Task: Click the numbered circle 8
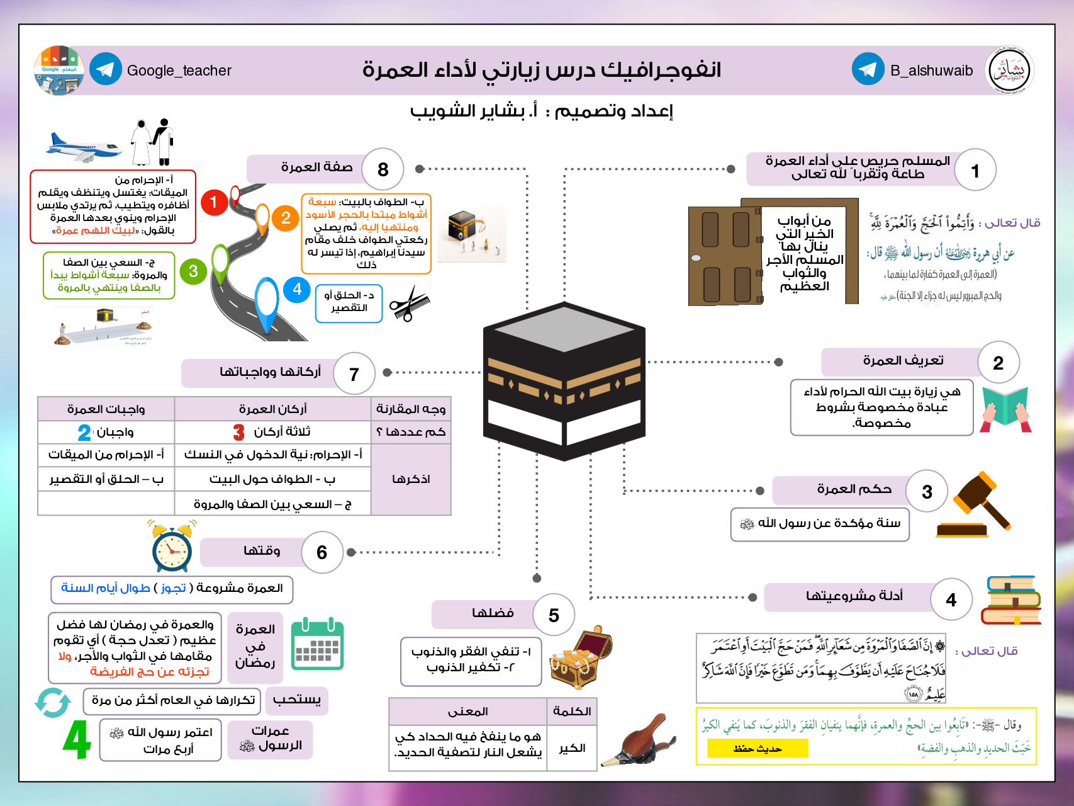tap(383, 169)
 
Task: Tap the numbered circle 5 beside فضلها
tap(554, 615)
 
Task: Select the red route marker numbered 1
tap(214, 202)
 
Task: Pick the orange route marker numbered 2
tap(286, 218)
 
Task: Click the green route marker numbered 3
tap(193, 271)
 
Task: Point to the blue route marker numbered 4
tap(297, 290)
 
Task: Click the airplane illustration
tap(84, 146)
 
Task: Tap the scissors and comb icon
tap(409, 304)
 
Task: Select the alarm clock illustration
tap(172, 547)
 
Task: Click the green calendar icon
tap(318, 644)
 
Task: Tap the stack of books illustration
tap(1011, 600)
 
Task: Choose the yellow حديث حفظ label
tap(758, 749)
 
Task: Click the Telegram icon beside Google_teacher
tap(106, 70)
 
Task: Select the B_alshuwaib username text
tap(931, 71)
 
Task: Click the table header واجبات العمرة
tap(106, 409)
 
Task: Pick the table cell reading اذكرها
tap(411, 479)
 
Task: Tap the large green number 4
tap(77, 740)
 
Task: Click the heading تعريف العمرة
tap(903, 361)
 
